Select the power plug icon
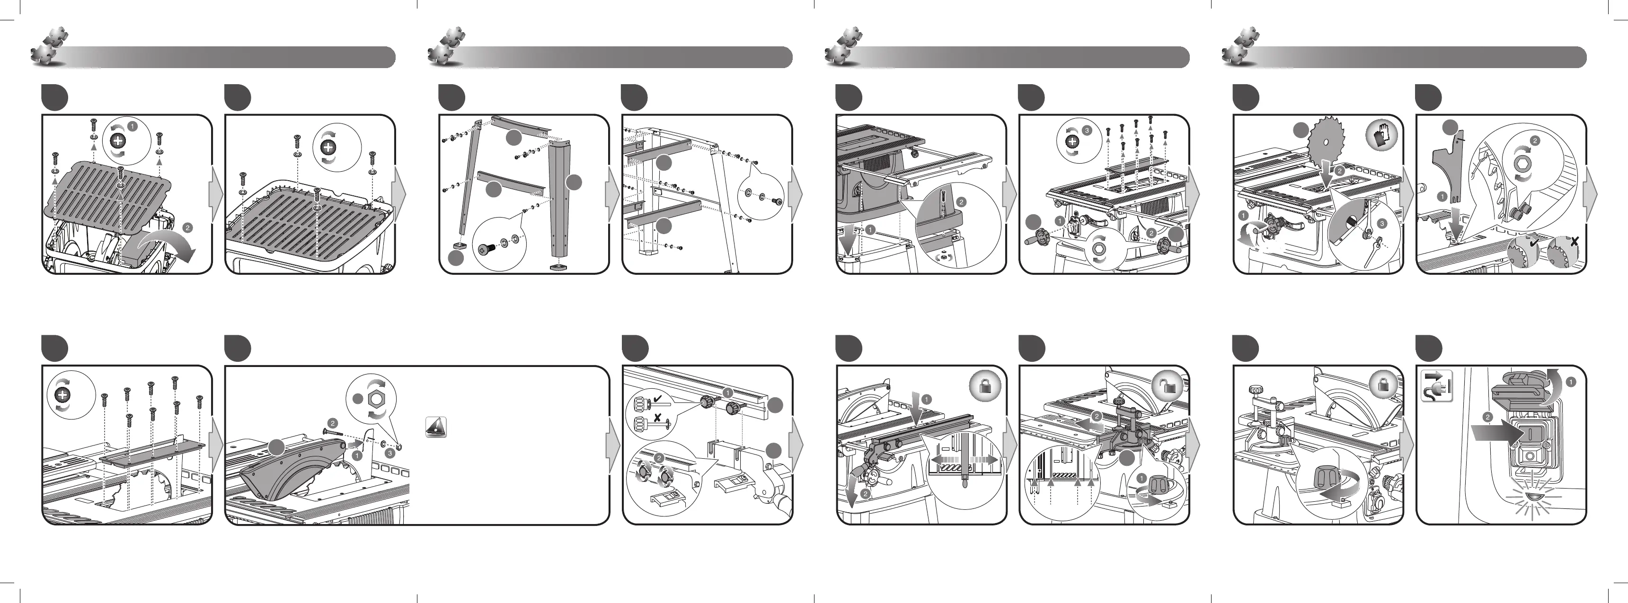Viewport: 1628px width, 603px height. point(1436,386)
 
